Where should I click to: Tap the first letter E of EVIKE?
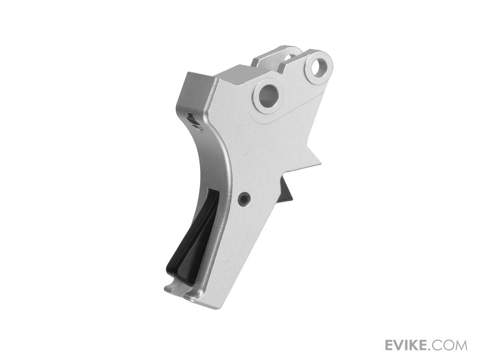click(390, 345)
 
